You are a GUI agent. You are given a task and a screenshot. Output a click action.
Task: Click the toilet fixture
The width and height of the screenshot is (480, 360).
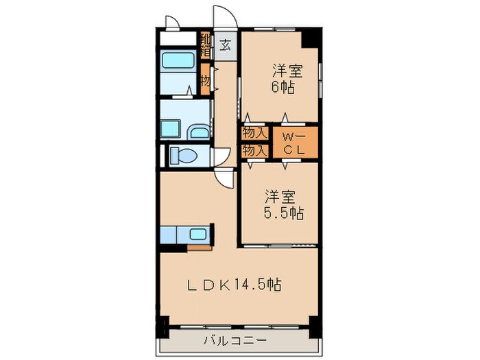point(183,156)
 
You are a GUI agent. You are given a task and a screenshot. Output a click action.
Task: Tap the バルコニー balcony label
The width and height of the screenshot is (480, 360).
point(232,341)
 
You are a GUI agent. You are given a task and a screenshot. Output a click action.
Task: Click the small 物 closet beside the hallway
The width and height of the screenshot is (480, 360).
point(205,80)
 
